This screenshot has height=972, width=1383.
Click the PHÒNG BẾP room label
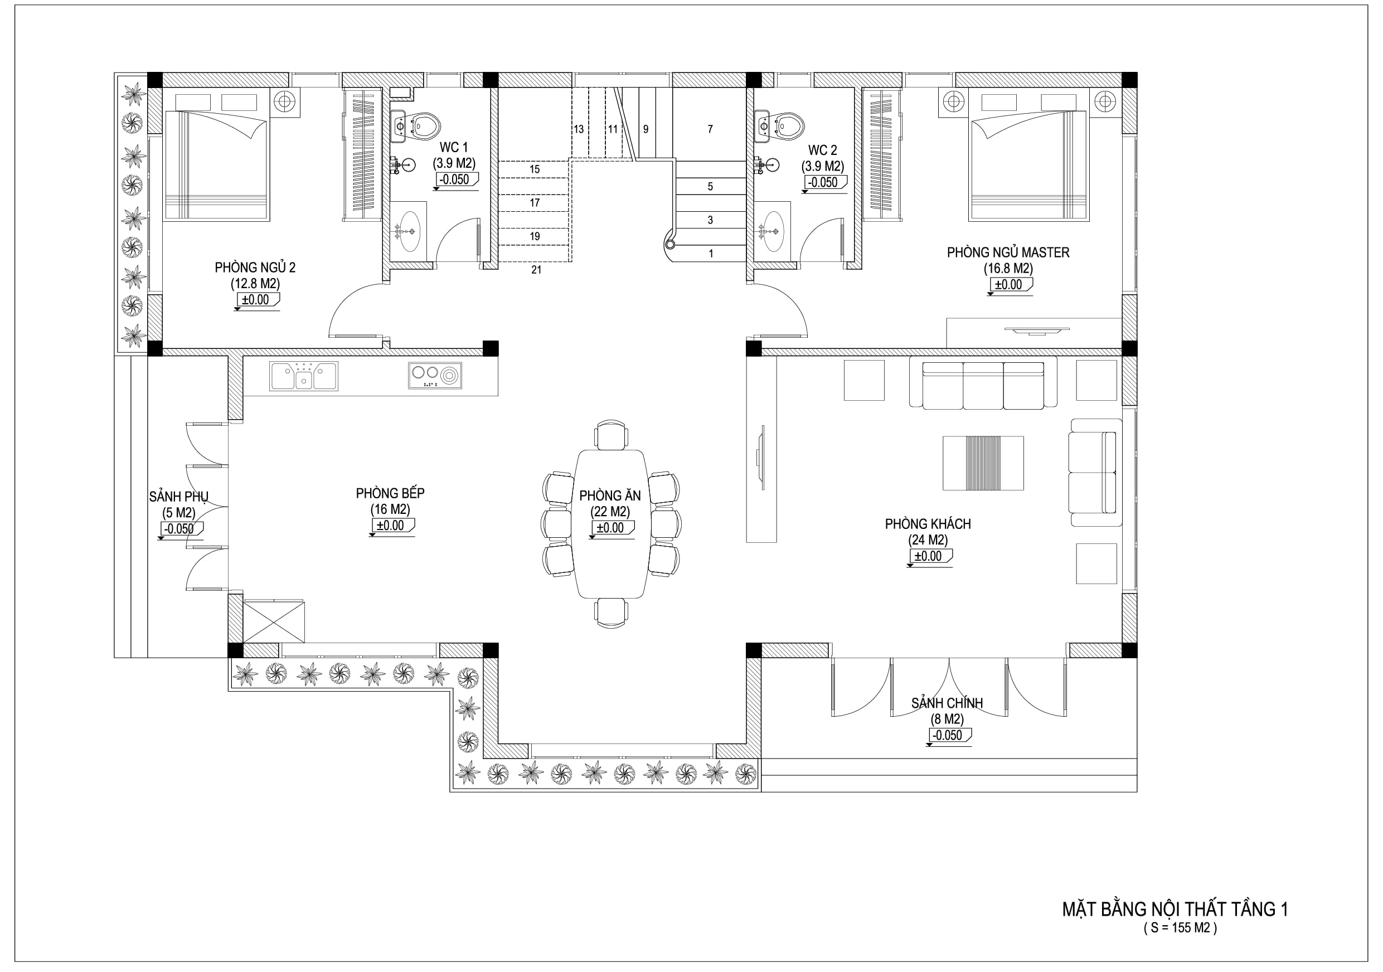[390, 493]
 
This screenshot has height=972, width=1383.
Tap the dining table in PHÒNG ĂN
[611, 524]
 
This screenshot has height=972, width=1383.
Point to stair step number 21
[536, 270]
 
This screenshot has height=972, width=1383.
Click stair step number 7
[710, 129]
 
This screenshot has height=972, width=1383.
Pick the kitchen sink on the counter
[304, 376]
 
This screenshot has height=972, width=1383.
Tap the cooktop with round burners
[435, 375]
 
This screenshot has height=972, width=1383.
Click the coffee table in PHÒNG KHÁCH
[983, 463]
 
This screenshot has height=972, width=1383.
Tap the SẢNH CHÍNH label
[947, 703]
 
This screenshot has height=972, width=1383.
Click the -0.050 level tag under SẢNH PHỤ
[181, 529]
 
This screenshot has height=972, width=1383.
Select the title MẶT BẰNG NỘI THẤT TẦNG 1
[1175, 909]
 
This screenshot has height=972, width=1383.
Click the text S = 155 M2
[1180, 928]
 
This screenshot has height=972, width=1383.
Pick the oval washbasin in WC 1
[409, 231]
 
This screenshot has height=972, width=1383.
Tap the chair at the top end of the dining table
[611, 435]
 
